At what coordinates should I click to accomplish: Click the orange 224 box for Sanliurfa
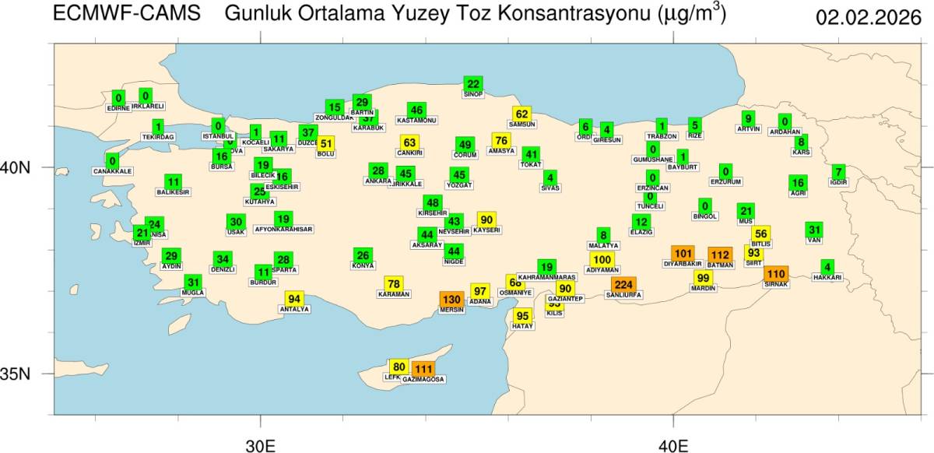[x=623, y=285]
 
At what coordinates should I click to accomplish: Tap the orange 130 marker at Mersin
[x=451, y=299]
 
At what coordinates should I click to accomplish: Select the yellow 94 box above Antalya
[x=294, y=299]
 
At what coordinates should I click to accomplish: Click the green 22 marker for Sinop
[x=472, y=84]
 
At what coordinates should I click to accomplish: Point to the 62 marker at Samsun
[x=521, y=114]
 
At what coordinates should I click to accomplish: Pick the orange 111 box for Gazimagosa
[x=423, y=369]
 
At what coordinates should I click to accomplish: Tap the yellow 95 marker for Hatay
[x=522, y=316]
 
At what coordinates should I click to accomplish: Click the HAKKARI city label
[x=827, y=277]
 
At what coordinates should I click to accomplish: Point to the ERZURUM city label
[x=725, y=181]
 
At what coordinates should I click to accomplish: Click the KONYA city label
[x=363, y=265]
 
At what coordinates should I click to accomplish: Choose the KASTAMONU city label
[x=416, y=121]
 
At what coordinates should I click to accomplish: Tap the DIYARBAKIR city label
[x=682, y=264]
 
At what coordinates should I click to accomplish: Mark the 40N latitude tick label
[x=31, y=167]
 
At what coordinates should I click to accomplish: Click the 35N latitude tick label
[x=31, y=374]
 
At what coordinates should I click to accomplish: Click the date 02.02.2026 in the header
[x=868, y=17]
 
